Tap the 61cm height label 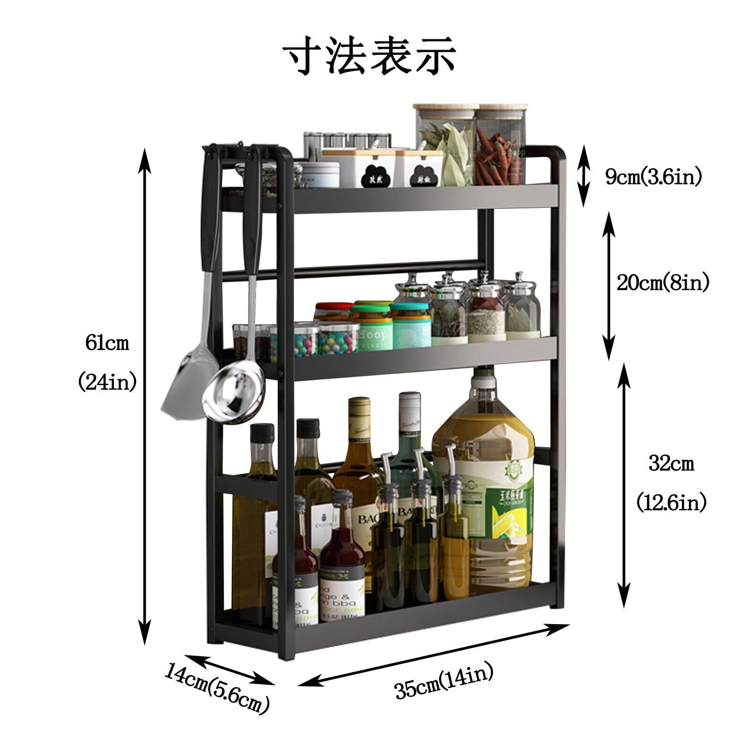[107, 343]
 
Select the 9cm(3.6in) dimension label [654, 177]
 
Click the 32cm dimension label [671, 464]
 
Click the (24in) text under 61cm [107, 381]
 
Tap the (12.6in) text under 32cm [671, 502]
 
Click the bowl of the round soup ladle [232, 396]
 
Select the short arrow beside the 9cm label [585, 176]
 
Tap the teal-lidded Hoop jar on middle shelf [371, 326]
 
